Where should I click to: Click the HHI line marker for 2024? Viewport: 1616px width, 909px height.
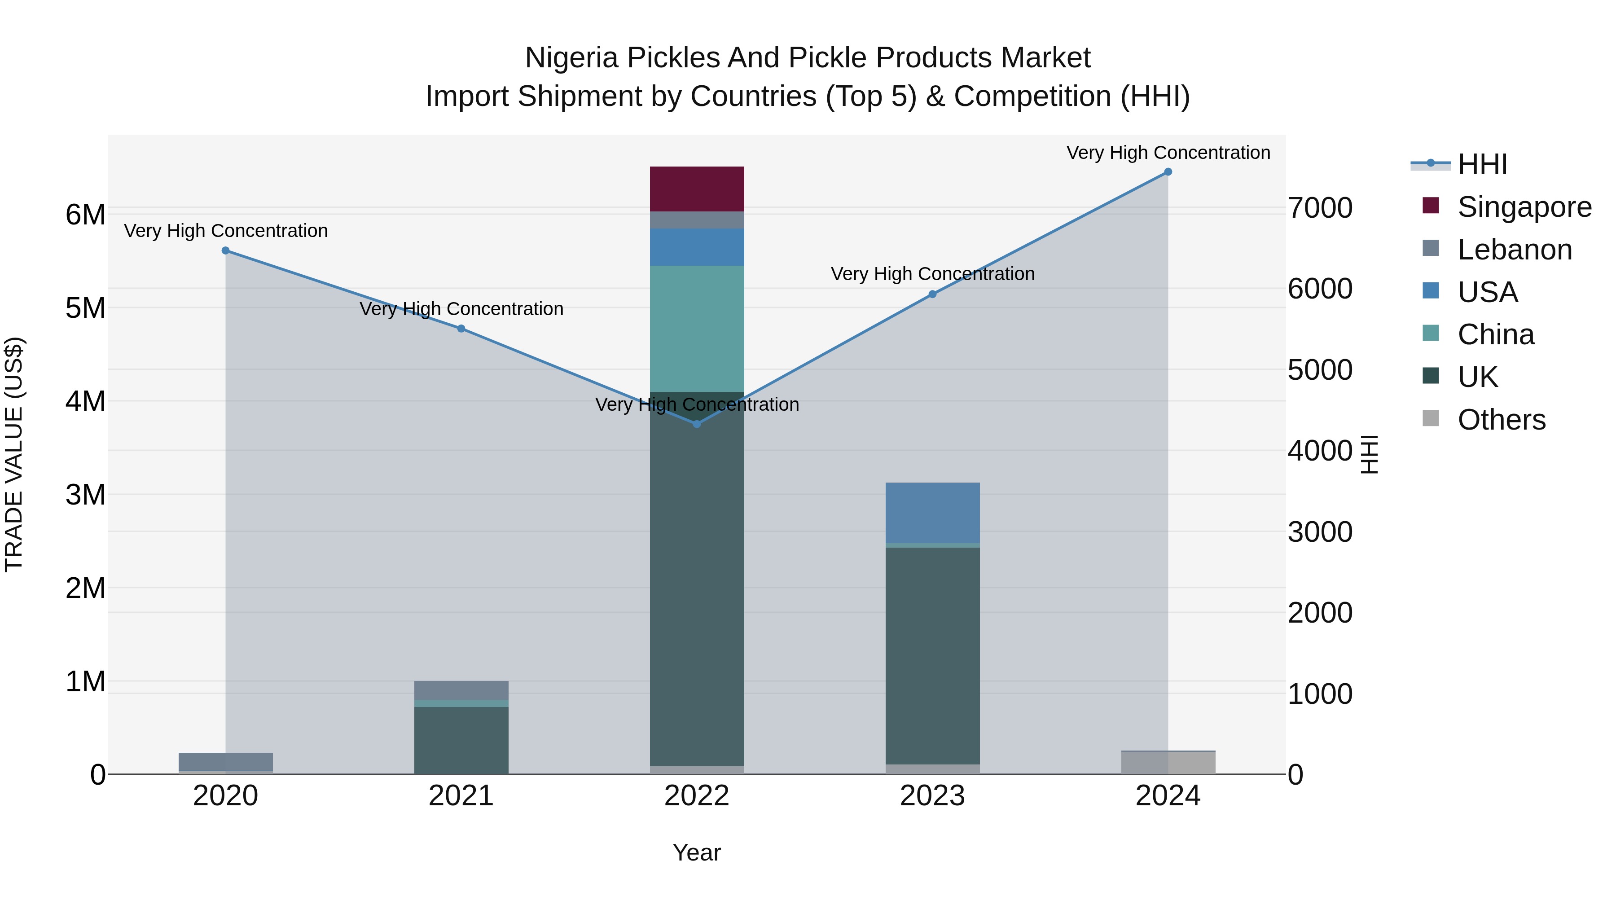coord(1168,172)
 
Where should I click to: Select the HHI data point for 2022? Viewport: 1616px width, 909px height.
coord(696,424)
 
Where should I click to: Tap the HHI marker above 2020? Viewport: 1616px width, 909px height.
coord(226,250)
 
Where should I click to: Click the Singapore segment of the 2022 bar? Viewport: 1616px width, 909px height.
coord(696,189)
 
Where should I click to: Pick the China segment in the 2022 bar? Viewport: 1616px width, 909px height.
coord(696,328)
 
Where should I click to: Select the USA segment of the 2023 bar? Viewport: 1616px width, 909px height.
coord(932,513)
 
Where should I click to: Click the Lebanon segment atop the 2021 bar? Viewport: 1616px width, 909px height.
coord(461,690)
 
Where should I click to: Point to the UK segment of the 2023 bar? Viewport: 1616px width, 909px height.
coord(932,655)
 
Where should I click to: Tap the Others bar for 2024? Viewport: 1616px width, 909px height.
coord(1168,763)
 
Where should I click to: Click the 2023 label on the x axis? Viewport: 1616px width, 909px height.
coord(932,796)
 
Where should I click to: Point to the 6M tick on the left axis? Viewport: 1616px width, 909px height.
coord(85,215)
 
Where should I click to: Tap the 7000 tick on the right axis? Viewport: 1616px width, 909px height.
coord(1320,208)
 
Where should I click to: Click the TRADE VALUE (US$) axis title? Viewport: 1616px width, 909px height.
coord(14,454)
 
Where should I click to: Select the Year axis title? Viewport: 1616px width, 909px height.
coord(696,852)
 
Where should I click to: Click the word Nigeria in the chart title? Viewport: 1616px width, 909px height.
coord(571,58)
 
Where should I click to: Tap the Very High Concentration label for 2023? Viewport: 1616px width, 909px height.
coord(932,274)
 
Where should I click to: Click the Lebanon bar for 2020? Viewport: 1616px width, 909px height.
coord(226,761)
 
